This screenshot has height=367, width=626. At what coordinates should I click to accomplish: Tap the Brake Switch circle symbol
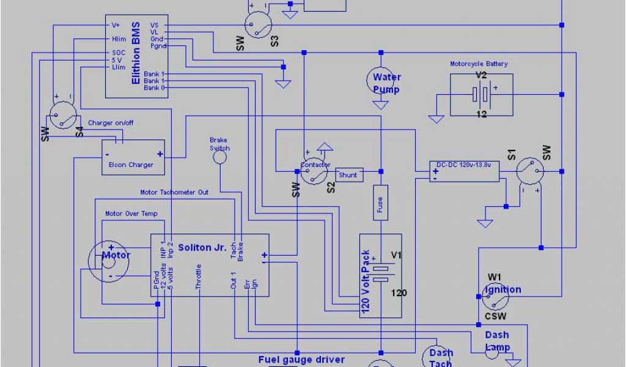(x=219, y=157)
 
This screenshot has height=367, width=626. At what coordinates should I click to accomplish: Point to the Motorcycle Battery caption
(x=479, y=64)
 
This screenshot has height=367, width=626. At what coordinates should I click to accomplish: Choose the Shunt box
(x=348, y=175)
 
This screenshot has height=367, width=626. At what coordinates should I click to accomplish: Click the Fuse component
(x=380, y=202)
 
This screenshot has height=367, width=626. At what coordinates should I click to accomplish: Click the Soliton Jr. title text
(x=202, y=248)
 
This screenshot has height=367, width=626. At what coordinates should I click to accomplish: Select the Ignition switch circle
(x=495, y=297)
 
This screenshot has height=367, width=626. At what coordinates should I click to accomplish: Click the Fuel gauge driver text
(x=301, y=360)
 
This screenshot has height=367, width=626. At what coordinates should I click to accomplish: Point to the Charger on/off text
(x=111, y=123)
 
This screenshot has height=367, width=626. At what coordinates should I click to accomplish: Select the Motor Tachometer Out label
(x=174, y=192)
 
